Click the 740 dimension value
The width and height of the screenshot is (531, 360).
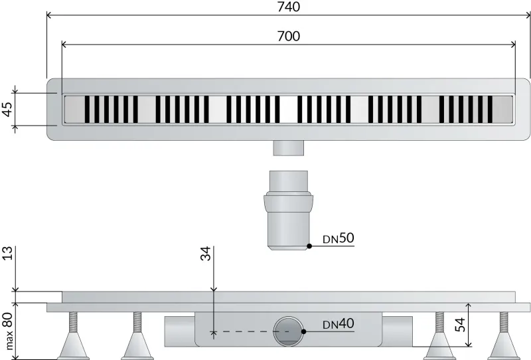tap(289, 7)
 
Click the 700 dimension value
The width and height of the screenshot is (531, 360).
tap(289, 36)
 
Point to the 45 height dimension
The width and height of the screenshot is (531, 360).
tap(7, 109)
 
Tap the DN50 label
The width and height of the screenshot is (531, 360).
tap(339, 238)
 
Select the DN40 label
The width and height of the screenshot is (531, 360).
tap(339, 323)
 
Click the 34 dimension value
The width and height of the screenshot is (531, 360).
tap(206, 254)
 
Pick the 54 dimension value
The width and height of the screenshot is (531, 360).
tap(460, 324)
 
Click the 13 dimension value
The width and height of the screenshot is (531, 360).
tap(7, 253)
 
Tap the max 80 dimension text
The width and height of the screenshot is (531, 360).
tap(7, 331)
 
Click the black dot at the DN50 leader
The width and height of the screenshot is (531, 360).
tap(309, 246)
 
